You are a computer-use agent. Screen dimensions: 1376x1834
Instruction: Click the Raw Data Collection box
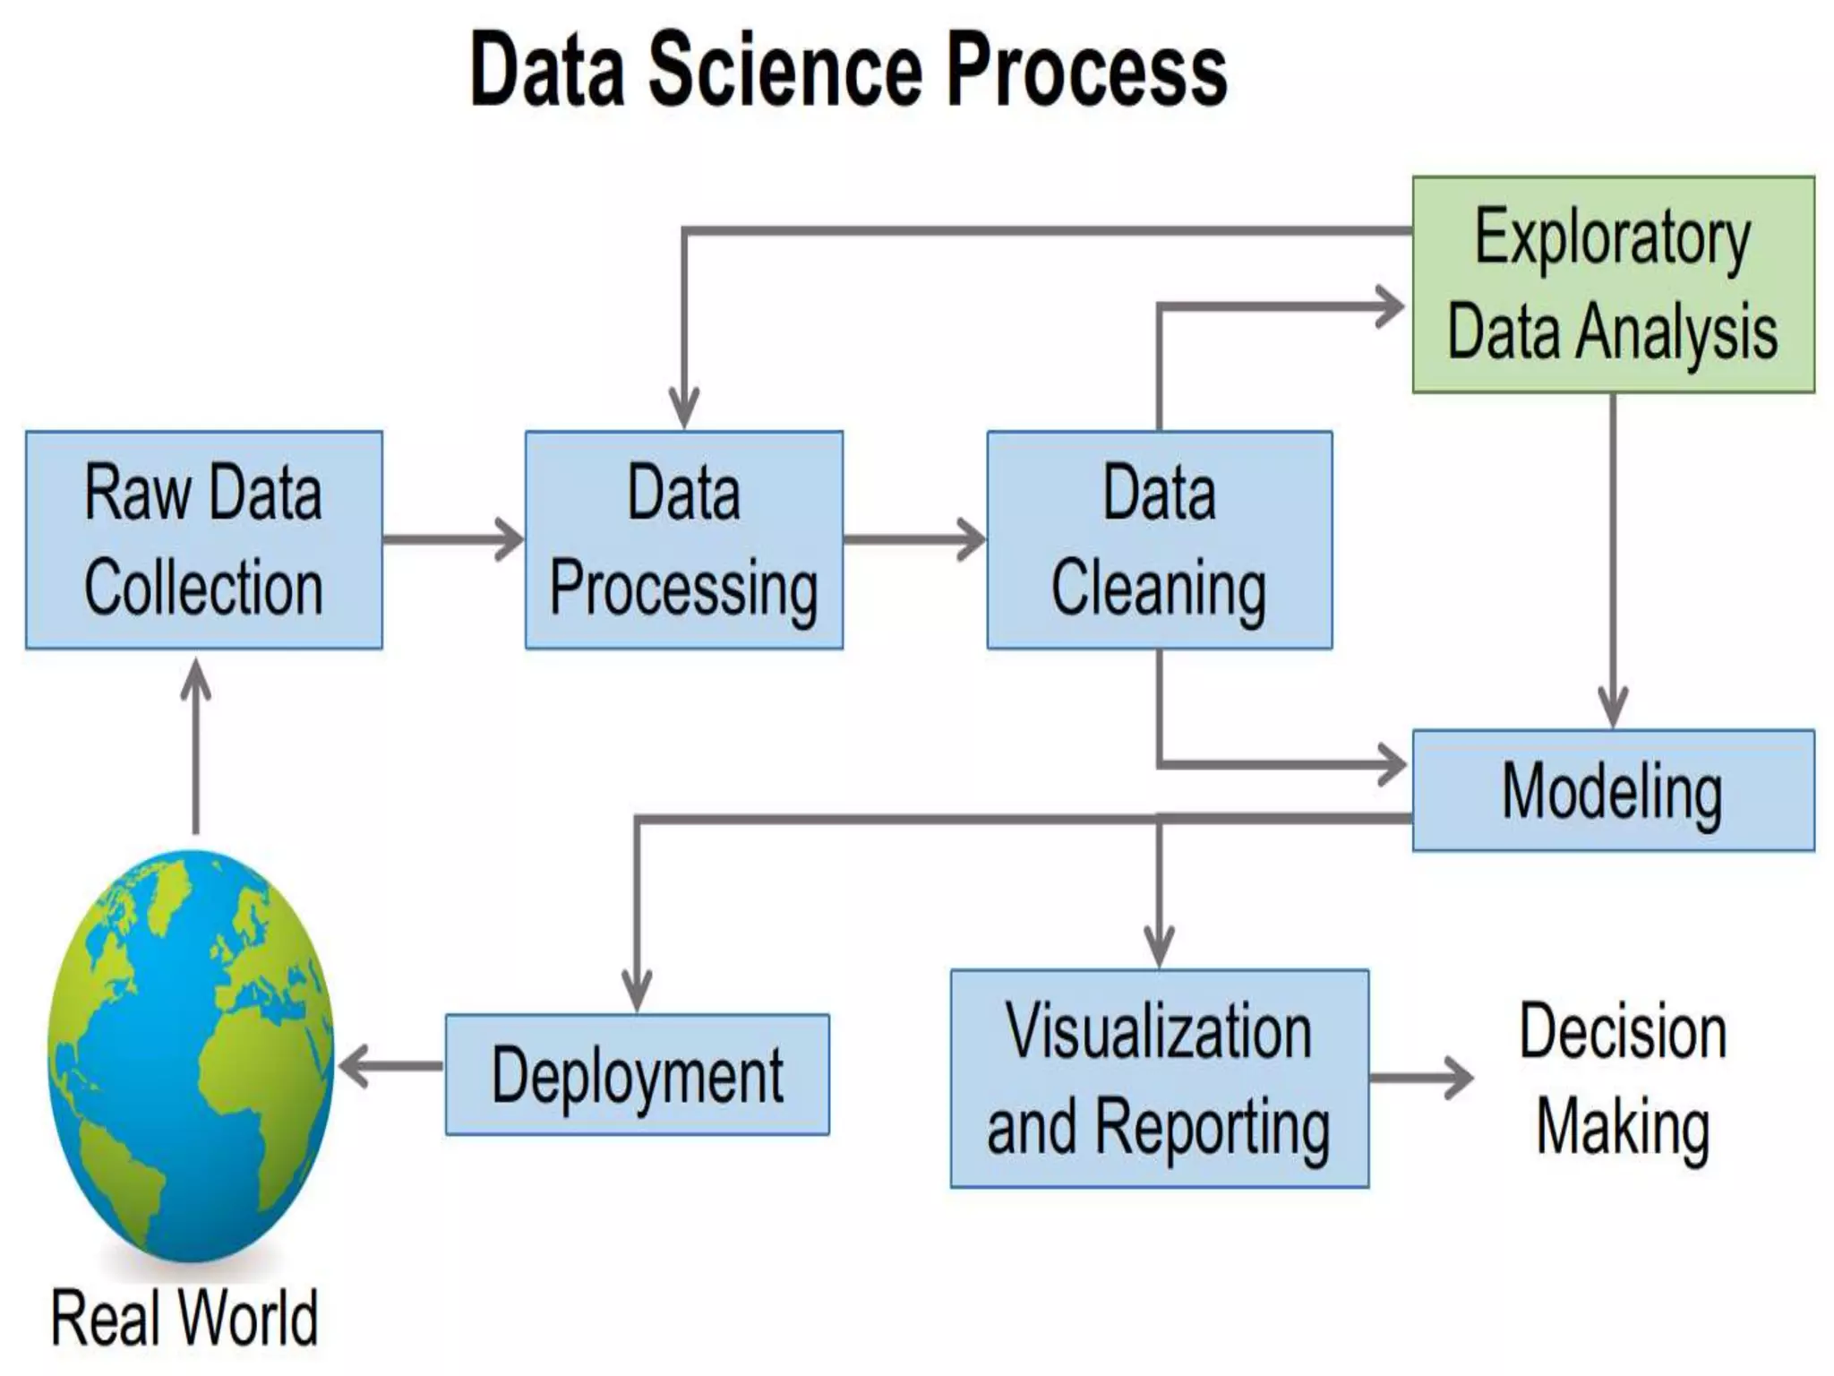point(204,539)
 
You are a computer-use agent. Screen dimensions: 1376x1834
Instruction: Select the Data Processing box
point(683,539)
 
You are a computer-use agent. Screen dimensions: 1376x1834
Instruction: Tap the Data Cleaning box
point(1159,539)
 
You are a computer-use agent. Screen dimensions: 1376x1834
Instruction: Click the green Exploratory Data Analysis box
point(1613,284)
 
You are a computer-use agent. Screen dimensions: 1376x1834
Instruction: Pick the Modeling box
point(1613,790)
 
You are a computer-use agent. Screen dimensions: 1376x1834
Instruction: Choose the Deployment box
point(637,1074)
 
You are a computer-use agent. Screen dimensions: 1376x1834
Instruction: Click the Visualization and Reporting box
point(1159,1079)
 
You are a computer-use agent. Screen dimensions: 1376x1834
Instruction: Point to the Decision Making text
point(1623,1079)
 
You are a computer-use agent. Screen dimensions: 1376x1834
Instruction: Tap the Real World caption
point(184,1317)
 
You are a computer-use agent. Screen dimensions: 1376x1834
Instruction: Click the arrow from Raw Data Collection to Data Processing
point(452,539)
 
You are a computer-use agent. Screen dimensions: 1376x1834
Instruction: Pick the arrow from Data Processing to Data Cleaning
point(913,539)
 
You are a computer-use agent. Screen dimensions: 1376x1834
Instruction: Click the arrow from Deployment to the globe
point(390,1066)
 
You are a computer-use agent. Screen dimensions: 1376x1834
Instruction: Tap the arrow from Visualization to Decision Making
point(1420,1078)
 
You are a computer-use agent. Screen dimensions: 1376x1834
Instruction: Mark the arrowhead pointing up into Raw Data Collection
point(196,681)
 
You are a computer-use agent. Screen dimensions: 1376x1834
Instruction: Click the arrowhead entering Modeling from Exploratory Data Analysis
point(1613,708)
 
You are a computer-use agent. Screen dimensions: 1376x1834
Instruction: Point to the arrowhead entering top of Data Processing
point(684,408)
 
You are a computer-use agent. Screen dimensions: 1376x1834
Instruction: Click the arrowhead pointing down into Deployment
point(637,991)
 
